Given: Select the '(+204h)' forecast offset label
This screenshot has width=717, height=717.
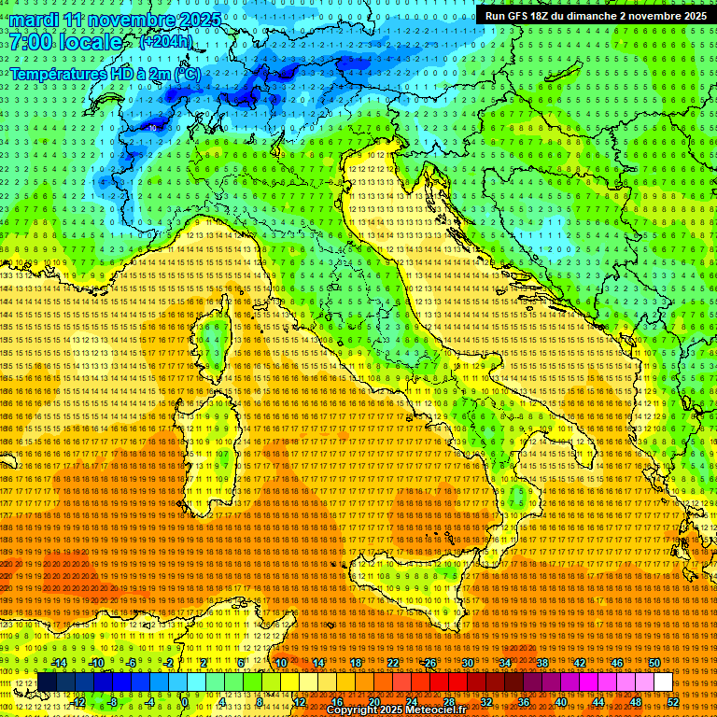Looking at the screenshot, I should coord(165,42).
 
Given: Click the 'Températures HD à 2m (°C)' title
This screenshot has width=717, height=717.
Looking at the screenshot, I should coord(105,72).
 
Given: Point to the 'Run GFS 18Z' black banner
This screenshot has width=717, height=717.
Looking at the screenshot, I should coord(595,15).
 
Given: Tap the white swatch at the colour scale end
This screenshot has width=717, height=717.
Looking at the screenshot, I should coord(663,682).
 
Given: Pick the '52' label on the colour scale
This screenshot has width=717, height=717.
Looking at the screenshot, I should coord(673,702).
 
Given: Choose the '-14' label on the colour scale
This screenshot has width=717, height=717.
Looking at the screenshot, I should coord(58,663).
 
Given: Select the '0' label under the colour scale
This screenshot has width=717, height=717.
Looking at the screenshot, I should coord(184,702).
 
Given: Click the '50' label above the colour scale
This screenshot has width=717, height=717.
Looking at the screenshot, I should coord(654,663).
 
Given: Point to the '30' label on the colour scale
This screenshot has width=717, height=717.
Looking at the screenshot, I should coord(468,663).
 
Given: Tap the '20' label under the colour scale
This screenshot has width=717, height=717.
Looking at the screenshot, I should coord(373,702).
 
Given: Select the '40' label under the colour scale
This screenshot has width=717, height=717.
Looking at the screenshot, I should coord(561,702).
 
